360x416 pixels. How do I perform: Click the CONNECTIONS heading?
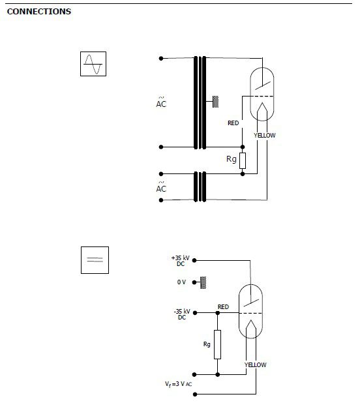(x=39, y=11)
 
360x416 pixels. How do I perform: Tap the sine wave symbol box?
(x=93, y=64)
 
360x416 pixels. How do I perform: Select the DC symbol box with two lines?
(x=95, y=260)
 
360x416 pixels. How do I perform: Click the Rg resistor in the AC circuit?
(x=243, y=160)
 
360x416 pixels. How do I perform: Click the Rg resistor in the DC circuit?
(x=218, y=344)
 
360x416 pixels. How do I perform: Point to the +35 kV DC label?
(x=181, y=261)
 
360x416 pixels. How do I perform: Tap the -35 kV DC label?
(x=182, y=314)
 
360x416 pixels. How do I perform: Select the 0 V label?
(x=181, y=282)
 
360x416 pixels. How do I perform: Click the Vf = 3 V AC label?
(x=178, y=384)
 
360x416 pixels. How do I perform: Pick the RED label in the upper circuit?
(x=233, y=123)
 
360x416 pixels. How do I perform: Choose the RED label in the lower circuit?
(x=223, y=307)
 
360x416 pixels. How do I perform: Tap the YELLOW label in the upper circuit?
(x=265, y=136)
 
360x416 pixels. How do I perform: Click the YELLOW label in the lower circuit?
(x=255, y=364)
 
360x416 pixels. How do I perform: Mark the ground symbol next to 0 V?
(x=203, y=282)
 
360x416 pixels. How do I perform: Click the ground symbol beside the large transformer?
(x=216, y=102)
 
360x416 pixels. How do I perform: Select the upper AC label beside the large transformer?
(x=161, y=102)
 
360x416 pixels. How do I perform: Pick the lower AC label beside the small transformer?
(x=161, y=187)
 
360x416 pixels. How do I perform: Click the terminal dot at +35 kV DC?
(x=194, y=261)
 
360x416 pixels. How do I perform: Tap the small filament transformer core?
(x=200, y=186)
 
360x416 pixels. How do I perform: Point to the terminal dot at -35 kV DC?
(x=195, y=313)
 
